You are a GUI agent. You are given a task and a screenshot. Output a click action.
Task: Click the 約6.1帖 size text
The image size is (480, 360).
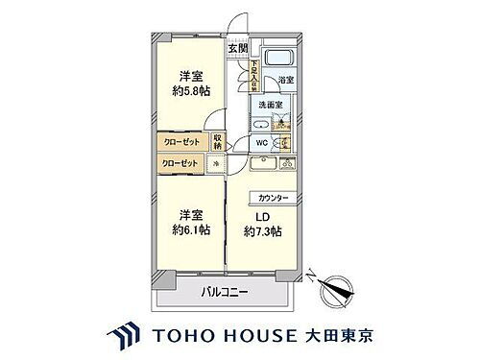191,228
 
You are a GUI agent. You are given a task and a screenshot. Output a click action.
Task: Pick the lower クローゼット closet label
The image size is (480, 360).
180,163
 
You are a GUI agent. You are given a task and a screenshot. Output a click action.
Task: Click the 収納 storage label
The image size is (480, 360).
218,143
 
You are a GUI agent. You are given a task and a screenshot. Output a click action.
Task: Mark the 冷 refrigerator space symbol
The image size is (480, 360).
215,164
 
